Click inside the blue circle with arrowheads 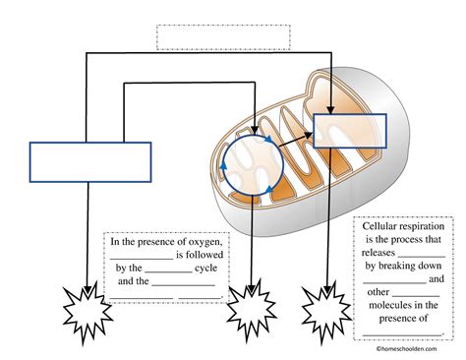click(253, 165)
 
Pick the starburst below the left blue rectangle click(87, 312)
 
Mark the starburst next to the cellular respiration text click(326, 312)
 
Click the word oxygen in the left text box click(205, 242)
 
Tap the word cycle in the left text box click(205, 269)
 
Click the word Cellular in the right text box click(379, 226)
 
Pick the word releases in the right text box click(379, 253)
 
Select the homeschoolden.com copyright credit click(406, 349)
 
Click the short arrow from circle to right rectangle click(296, 140)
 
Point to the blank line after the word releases click(422, 257)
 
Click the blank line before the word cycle click(168, 272)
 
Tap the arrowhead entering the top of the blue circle click(255, 131)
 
